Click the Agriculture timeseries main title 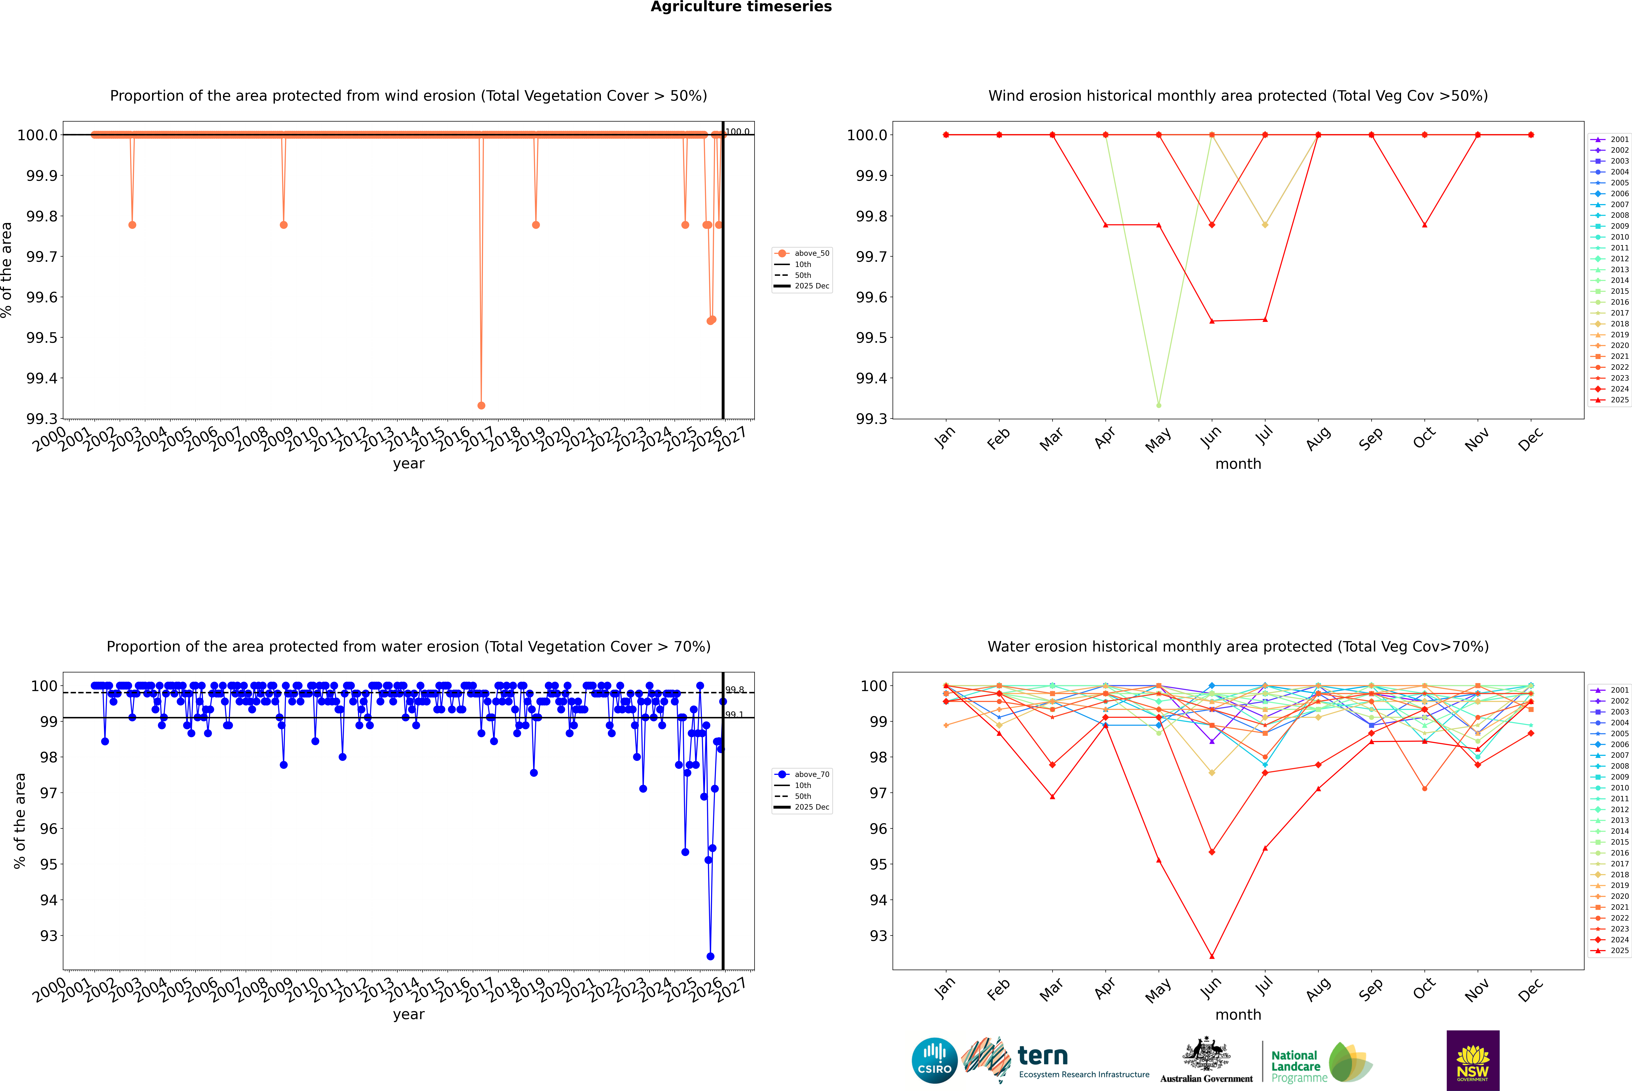click(x=741, y=7)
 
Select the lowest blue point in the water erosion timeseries click(x=710, y=956)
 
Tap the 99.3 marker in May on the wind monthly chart click(x=1158, y=405)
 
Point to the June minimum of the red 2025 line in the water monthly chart click(x=1212, y=956)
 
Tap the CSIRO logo click(x=934, y=1060)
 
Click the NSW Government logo click(x=1473, y=1060)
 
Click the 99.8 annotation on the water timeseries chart click(x=735, y=690)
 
